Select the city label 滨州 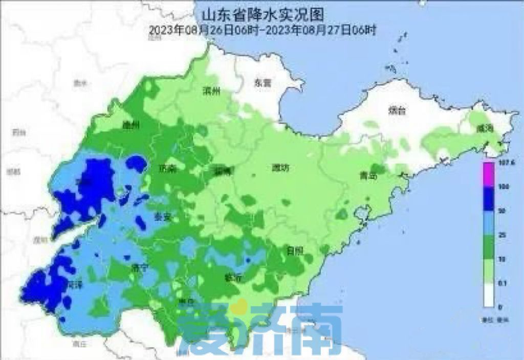coord(210,92)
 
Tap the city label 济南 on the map coord(167,168)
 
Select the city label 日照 coord(295,251)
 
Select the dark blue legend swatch coord(488,198)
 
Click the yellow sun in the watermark coord(236,308)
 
